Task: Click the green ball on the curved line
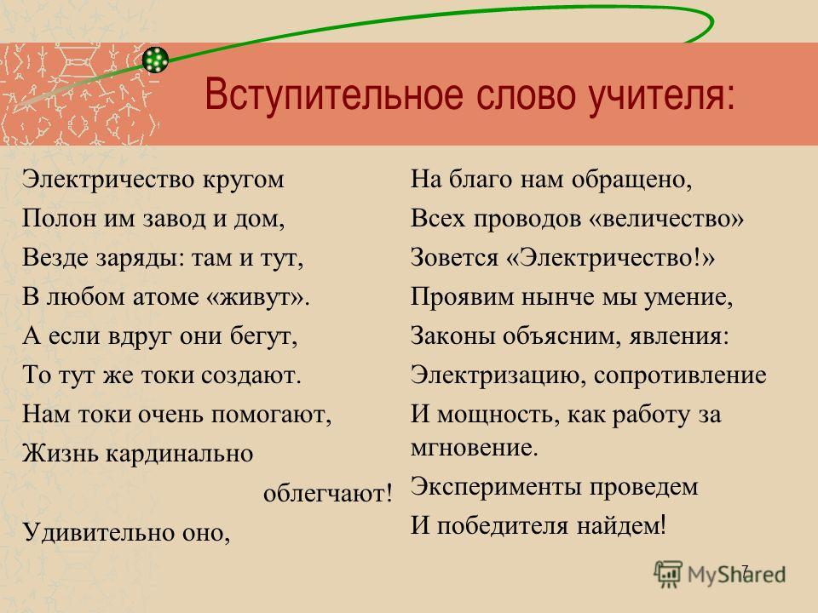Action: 155,60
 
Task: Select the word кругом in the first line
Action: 243,180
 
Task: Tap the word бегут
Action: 264,335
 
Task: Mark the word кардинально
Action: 180,454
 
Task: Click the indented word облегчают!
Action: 328,493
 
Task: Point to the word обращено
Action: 631,180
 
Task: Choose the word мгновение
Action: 475,448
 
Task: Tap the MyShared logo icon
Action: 668,575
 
